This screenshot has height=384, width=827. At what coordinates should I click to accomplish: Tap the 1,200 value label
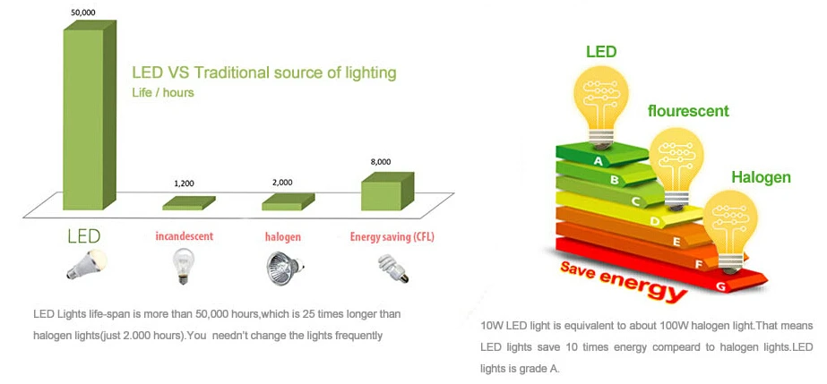click(184, 183)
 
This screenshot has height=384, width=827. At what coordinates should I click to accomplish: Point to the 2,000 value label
click(282, 182)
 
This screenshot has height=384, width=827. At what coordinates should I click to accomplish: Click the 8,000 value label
click(381, 161)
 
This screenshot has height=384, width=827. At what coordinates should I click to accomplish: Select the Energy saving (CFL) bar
click(386, 191)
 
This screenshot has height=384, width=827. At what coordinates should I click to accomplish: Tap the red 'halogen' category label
click(282, 237)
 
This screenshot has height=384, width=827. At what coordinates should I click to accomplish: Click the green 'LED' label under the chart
click(84, 237)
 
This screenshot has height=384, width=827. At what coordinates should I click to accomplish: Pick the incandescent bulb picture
click(183, 266)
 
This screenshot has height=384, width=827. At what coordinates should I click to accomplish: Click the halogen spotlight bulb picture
click(282, 267)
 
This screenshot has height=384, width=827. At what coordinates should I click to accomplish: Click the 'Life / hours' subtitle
click(163, 92)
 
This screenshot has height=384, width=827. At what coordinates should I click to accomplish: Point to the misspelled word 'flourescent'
click(688, 111)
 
